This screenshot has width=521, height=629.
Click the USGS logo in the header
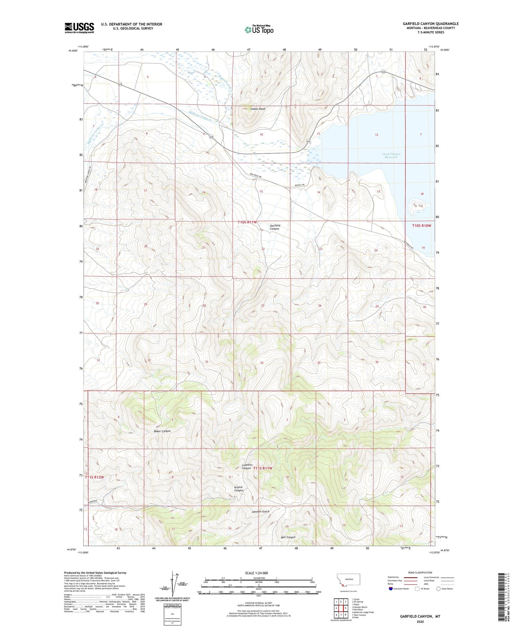[79, 27]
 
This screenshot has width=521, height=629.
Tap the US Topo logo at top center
[259, 30]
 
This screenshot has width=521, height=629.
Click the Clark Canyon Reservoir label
[391, 156]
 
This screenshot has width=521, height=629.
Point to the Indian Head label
[258, 109]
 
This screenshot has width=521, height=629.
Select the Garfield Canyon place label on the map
[275, 227]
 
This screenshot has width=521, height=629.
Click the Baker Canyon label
[162, 431]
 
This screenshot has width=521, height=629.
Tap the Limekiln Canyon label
[246, 466]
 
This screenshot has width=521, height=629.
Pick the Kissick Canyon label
[239, 489]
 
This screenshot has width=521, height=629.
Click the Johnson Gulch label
[260, 512]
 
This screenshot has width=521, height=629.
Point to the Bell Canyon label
[288, 537]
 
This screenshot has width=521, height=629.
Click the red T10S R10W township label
[421, 226]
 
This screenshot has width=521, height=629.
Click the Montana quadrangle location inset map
[348, 583]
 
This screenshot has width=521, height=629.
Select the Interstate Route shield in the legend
[391, 589]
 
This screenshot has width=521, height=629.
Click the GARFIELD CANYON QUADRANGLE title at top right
[431, 24]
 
